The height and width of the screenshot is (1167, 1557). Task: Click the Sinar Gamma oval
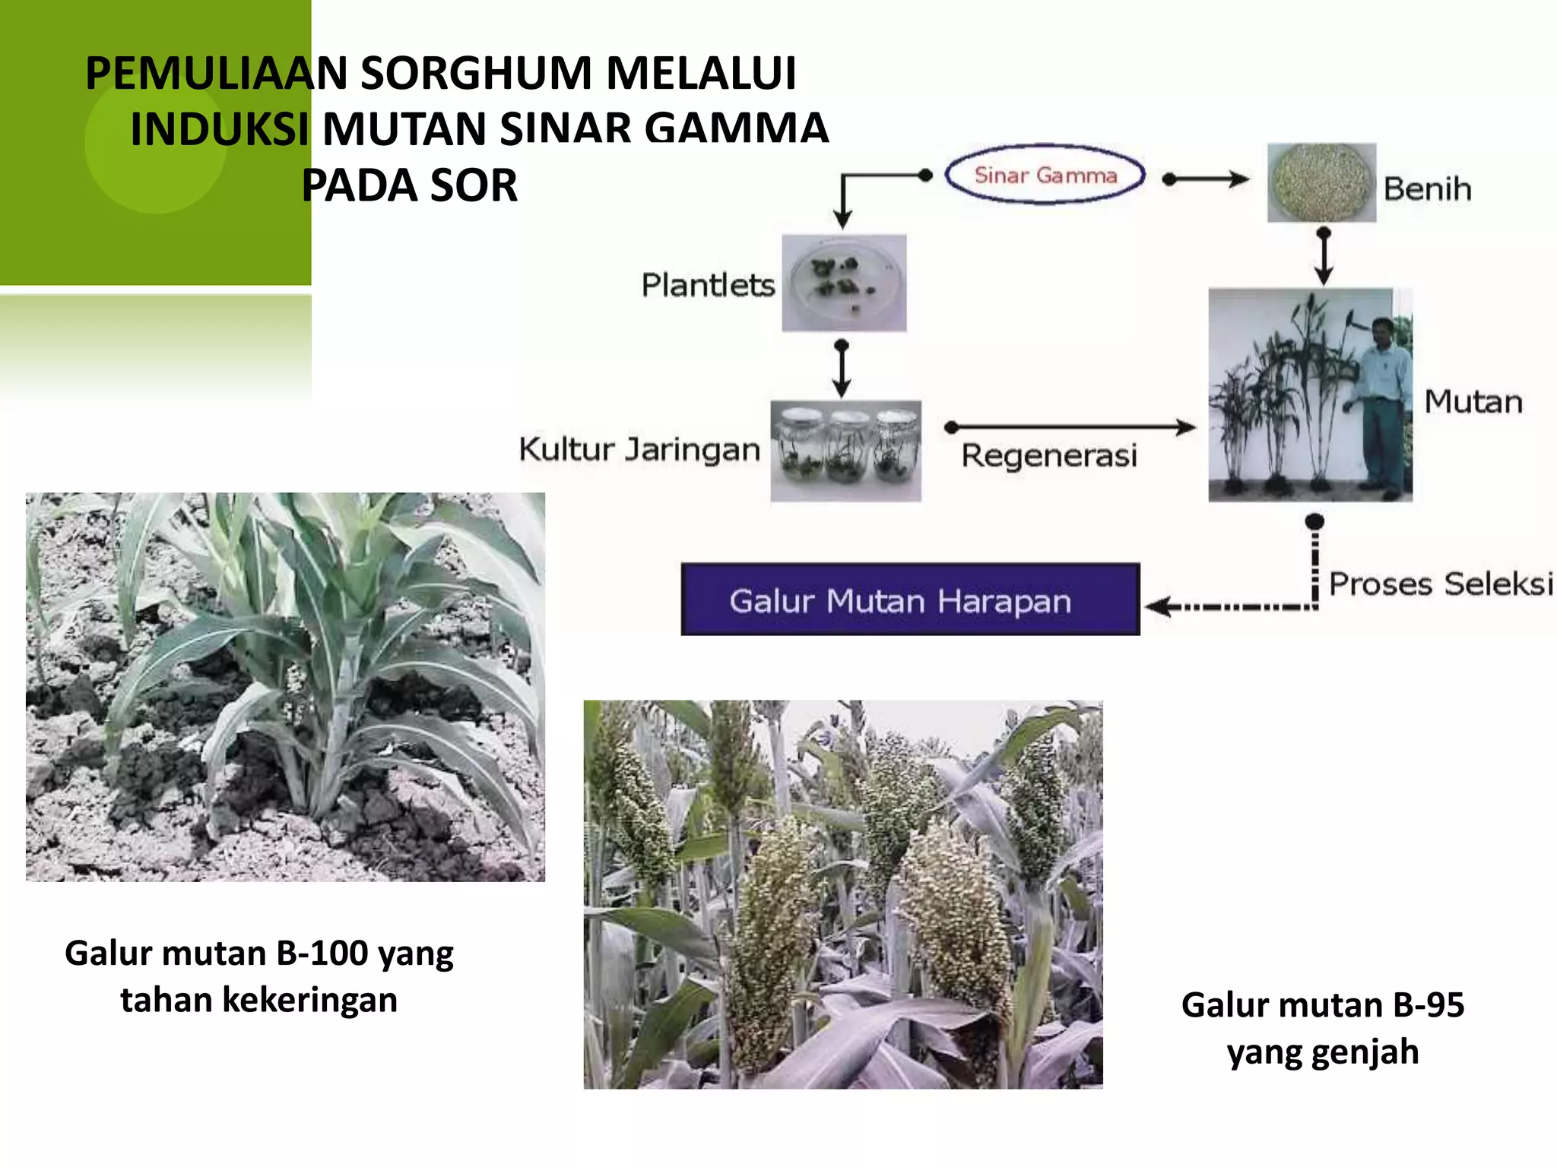tap(1045, 175)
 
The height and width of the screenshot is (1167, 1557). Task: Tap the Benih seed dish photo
tap(1321, 182)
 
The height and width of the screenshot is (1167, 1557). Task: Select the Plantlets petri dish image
tap(844, 283)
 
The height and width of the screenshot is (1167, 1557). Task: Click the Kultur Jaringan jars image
tap(845, 451)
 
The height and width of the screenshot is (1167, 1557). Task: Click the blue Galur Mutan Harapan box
tap(910, 599)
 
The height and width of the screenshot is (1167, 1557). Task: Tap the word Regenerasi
tap(1049, 456)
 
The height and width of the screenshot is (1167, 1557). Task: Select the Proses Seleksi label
tap(1440, 583)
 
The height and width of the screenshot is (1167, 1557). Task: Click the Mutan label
tap(1473, 401)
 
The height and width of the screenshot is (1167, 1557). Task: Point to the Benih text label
tap(1427, 188)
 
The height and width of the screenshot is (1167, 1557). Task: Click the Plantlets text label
tap(708, 285)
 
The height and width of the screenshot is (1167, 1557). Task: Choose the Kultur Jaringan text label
tap(639, 449)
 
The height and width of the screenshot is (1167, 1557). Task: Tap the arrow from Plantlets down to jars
tap(842, 368)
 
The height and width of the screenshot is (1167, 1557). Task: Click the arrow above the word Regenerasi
tap(1070, 427)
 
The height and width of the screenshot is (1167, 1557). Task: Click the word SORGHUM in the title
tap(476, 73)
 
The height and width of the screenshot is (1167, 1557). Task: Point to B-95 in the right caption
tap(1428, 1005)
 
